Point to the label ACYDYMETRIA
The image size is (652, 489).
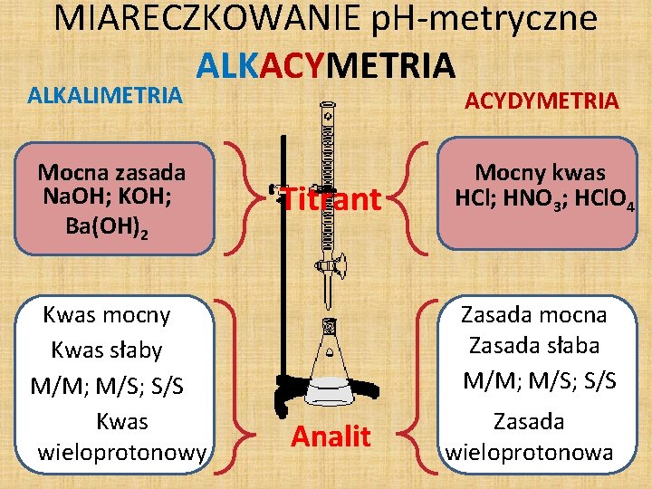542,100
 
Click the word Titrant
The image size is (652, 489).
330,199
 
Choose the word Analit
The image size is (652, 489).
331,437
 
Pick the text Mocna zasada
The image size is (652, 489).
111,172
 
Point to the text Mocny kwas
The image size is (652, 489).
541,173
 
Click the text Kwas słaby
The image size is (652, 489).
107,350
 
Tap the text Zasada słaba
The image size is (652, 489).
534,345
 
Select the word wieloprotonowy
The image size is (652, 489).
122,452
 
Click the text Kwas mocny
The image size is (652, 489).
107,315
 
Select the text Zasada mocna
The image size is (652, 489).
534,314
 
